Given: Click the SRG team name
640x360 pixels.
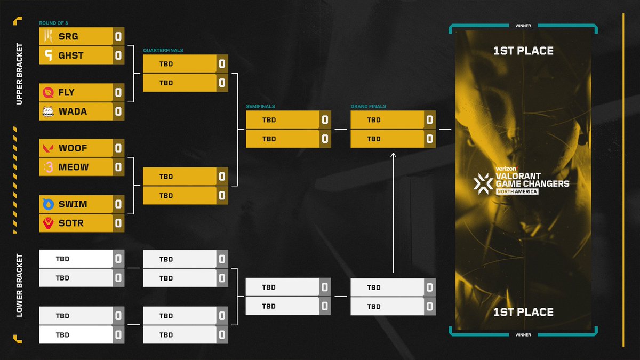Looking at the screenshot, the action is [68, 37].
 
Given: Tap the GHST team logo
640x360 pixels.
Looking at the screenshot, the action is [49, 55].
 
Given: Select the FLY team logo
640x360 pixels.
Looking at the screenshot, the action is [48, 92].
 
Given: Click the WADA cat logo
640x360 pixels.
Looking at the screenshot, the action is [48, 111].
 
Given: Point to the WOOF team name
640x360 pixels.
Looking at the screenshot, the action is [73, 148].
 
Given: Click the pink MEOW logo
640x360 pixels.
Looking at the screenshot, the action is [49, 167].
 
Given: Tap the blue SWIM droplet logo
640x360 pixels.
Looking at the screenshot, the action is [48, 204].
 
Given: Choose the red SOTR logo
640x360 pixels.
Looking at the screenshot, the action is [48, 223].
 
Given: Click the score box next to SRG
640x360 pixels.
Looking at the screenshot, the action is [118, 37].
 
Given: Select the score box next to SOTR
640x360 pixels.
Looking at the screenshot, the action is [118, 223].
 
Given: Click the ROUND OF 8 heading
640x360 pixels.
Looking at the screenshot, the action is [53, 23].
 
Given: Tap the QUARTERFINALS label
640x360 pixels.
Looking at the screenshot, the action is [163, 50].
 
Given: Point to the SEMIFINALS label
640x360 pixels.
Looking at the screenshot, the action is [261, 106].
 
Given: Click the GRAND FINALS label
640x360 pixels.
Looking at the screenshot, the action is [369, 106].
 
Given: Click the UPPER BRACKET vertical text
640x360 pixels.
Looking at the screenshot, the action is [19, 74].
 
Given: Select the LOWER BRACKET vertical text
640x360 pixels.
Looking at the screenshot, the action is [19, 285].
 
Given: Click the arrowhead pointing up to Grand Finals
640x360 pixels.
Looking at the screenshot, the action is [393, 154].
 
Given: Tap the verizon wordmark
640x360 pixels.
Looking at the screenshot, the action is [507, 169].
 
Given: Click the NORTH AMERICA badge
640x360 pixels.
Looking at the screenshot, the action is [517, 191].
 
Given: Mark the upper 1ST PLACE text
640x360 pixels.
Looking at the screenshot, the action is [523, 51].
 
